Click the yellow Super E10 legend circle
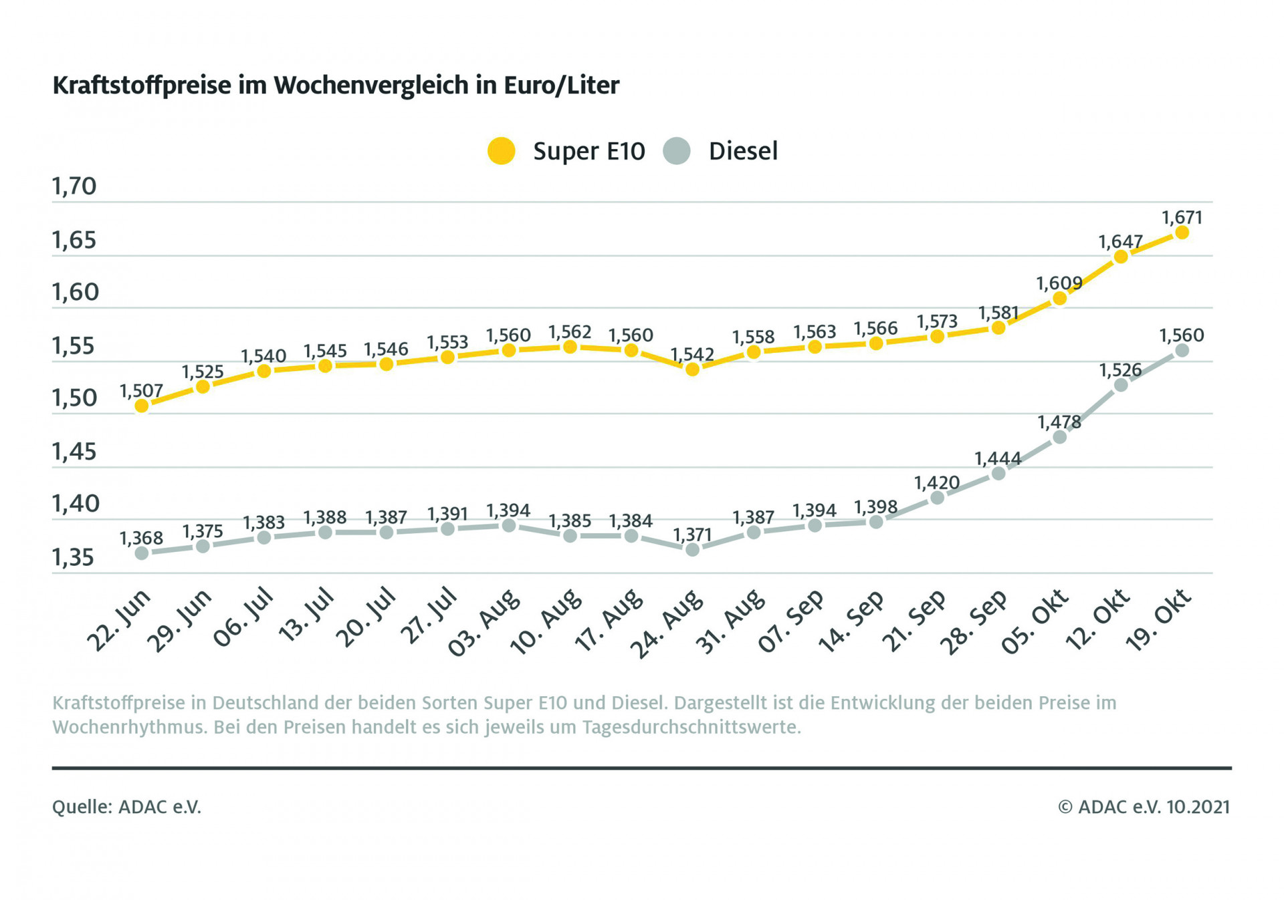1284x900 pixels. [501, 151]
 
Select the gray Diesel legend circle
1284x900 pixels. [677, 151]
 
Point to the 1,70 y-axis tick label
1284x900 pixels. [74, 186]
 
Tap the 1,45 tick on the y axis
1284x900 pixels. [74, 452]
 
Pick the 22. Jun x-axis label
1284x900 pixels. [119, 621]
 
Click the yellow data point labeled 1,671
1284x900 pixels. [1182, 233]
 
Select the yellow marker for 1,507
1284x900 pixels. [142, 406]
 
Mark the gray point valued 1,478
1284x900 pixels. [1059, 437]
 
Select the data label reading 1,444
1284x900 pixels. [997, 459]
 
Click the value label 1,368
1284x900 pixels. [141, 539]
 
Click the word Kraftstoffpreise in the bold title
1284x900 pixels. [142, 86]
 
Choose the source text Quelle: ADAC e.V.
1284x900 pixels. [126, 807]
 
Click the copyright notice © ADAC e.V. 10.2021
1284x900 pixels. [1144, 807]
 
